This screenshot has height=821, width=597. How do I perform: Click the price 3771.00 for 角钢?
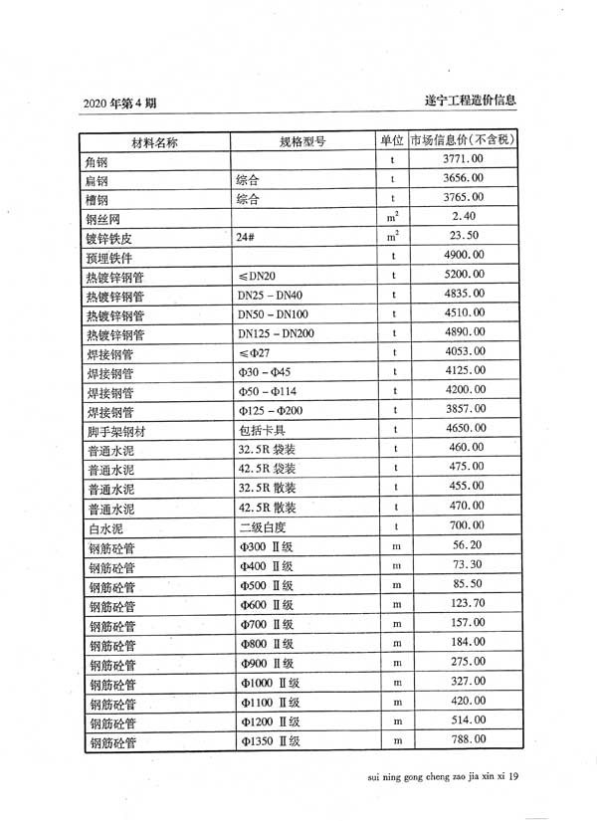pyautogui.click(x=464, y=159)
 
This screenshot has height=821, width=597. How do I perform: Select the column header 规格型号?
pyautogui.click(x=302, y=141)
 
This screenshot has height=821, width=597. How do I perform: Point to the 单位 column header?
pyautogui.click(x=393, y=140)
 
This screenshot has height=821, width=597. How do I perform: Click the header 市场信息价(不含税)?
pyautogui.click(x=464, y=139)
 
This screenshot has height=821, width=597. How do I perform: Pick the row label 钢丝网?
pyautogui.click(x=103, y=218)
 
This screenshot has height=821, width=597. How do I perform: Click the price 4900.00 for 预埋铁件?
pyautogui.click(x=465, y=255)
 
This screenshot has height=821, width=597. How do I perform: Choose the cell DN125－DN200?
pyautogui.click(x=276, y=332)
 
